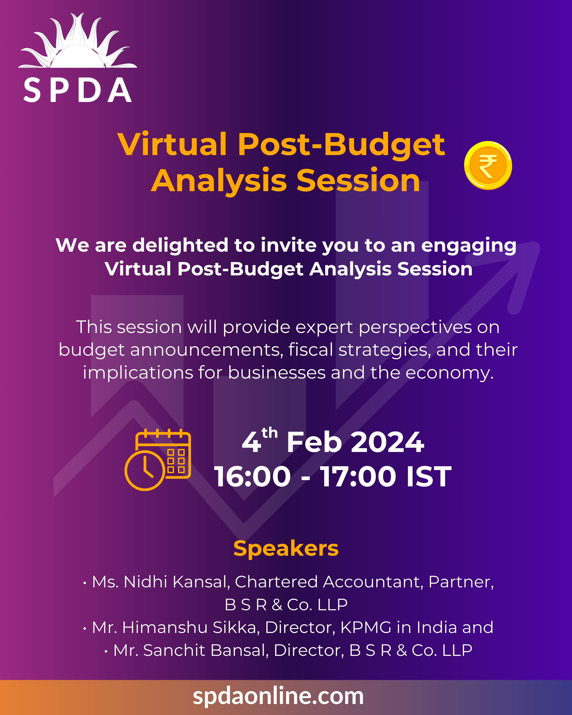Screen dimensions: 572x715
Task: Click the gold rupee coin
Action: click(488, 165)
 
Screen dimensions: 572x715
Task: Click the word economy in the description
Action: click(449, 373)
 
